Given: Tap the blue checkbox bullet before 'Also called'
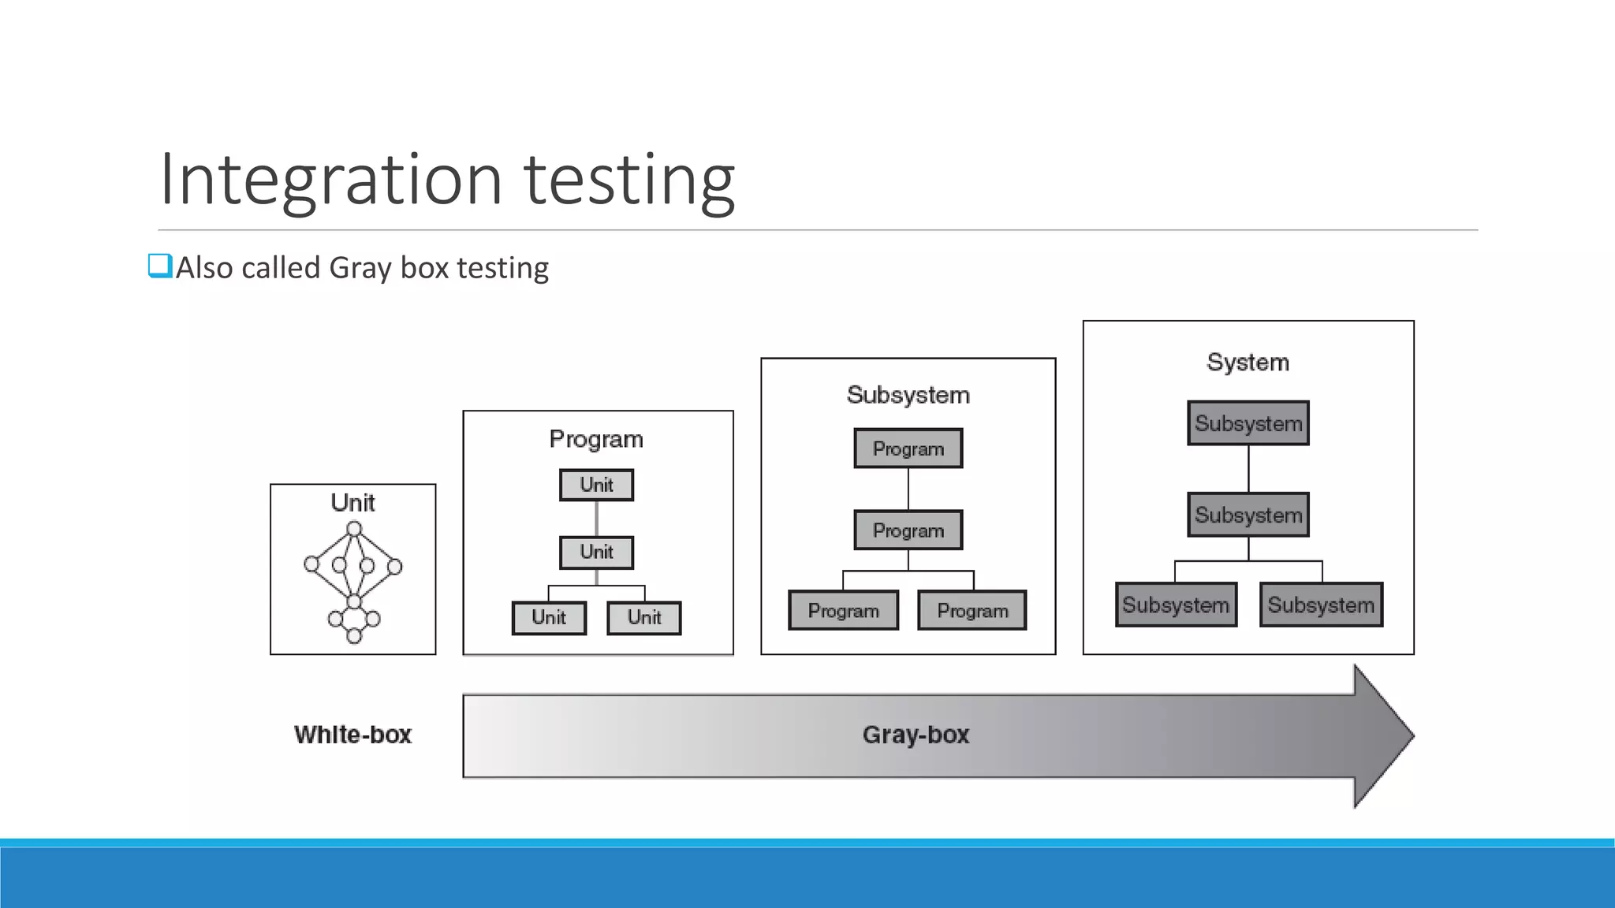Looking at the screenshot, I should [159, 266].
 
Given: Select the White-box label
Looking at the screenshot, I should [352, 735].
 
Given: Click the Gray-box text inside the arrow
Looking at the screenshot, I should [916, 735].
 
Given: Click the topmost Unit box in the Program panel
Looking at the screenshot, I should [596, 485].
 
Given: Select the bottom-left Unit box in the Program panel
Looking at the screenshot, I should [549, 617].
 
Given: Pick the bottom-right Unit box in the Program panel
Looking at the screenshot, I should [643, 617].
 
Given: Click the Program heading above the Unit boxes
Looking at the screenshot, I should [596, 439].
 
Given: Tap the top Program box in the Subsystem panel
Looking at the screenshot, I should [908, 448].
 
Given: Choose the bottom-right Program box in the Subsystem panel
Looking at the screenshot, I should [972, 611].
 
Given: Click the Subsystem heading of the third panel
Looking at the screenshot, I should [908, 395].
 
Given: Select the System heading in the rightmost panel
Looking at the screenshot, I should [1248, 363].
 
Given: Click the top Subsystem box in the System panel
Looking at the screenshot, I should [1248, 423].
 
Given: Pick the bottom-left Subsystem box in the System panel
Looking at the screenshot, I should [1176, 605].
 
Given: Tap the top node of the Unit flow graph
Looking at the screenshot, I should [354, 529].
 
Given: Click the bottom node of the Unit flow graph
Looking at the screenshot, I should [354, 635].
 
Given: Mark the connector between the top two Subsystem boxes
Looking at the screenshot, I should [1248, 469].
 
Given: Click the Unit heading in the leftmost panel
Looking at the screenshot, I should [352, 503].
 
